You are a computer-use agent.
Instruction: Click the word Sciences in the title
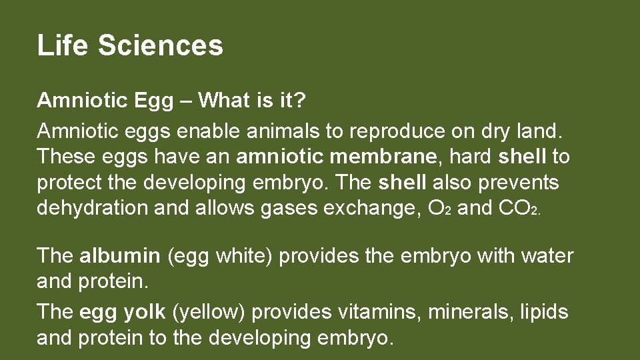pos(160,45)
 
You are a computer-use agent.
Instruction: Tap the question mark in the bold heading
pos(300,101)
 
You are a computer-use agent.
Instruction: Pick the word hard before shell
pos(471,157)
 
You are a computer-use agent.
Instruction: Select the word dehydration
pos(93,207)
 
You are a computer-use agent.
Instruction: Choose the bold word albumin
pos(120,255)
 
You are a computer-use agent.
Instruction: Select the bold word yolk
pos(145,312)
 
